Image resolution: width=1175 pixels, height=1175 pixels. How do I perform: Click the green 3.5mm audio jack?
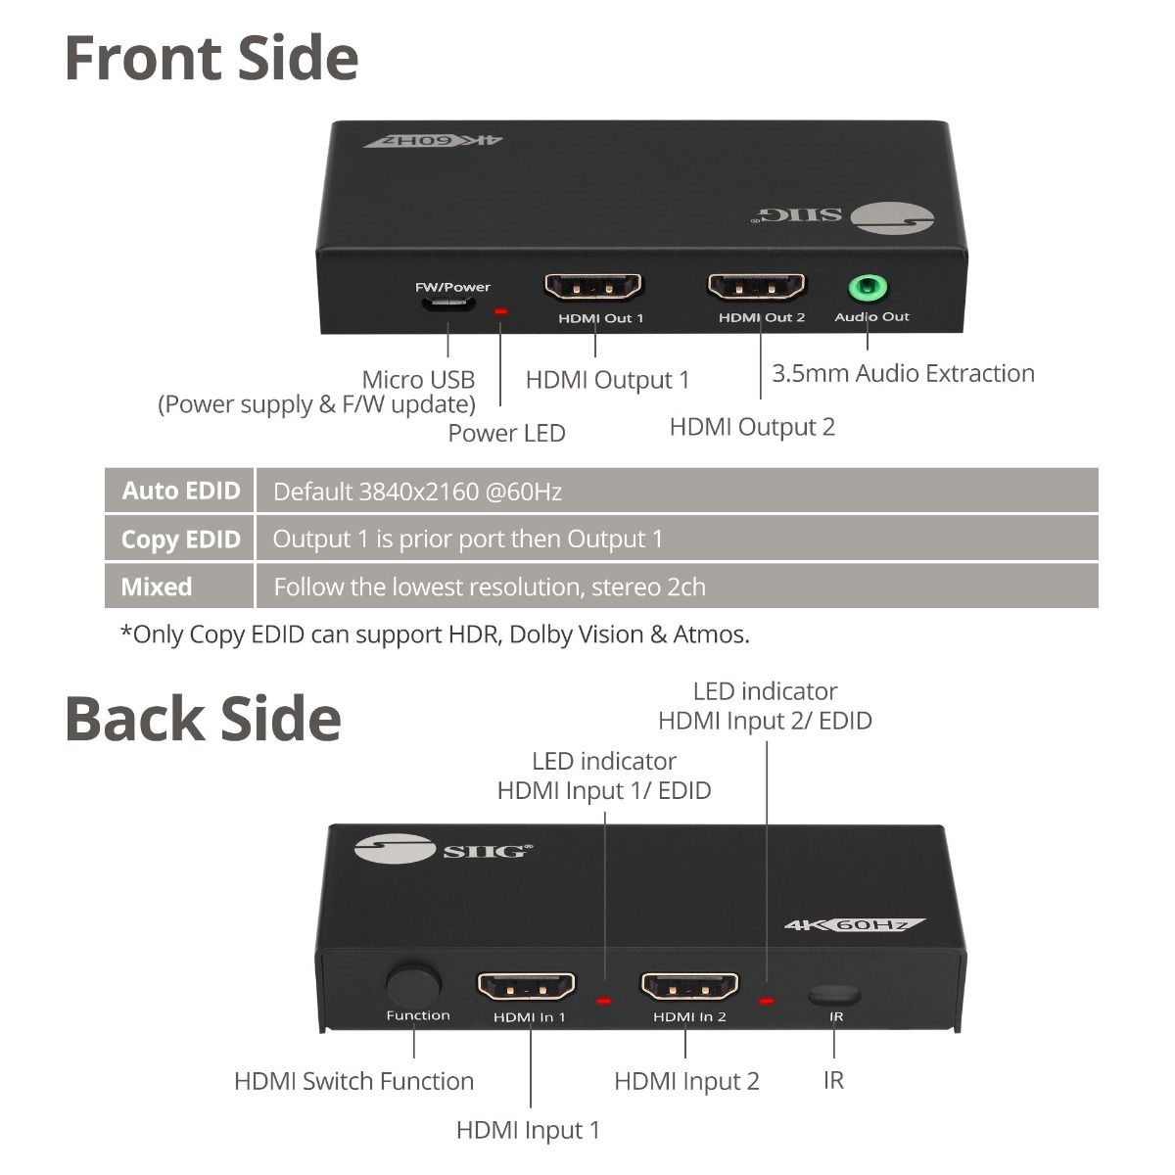(869, 287)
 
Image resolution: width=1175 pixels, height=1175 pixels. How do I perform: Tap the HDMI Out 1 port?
(592, 286)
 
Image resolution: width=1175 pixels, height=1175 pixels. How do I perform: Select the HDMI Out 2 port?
(756, 286)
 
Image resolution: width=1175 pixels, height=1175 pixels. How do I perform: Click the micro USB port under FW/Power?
(447, 303)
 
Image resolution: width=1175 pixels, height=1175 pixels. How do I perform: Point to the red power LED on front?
(500, 311)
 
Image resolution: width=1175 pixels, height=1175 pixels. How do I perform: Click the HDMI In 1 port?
(526, 986)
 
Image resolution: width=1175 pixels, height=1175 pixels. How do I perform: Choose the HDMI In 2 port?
(689, 986)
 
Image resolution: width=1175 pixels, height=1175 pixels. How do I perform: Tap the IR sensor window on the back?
(835, 995)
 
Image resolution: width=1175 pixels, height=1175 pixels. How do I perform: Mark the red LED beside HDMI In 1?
(604, 1001)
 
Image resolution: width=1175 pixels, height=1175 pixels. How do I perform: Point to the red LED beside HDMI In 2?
(767, 1001)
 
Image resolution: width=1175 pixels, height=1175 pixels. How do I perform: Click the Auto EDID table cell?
(179, 491)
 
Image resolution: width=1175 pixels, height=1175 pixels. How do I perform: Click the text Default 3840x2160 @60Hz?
(417, 492)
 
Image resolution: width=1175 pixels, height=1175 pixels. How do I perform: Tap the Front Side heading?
(211, 58)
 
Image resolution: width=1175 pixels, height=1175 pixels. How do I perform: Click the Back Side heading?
(203, 719)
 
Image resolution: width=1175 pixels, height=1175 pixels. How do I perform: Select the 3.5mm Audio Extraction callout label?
(903, 373)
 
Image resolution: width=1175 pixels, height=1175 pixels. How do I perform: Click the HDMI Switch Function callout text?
(354, 1081)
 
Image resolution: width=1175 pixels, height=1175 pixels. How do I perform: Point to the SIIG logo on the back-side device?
(444, 849)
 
